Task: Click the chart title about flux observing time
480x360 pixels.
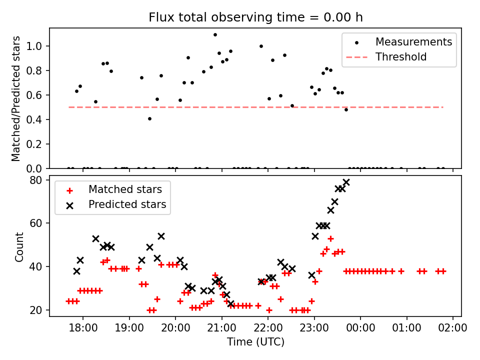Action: (x=255, y=17)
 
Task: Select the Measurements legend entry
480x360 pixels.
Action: (x=413, y=41)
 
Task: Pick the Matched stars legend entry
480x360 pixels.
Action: (x=125, y=189)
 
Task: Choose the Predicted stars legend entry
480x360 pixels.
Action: (x=127, y=204)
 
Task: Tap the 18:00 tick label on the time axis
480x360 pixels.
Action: (x=83, y=328)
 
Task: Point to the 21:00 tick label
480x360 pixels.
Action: (x=221, y=328)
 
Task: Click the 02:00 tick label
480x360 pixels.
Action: (x=453, y=328)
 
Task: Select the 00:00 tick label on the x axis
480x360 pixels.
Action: (x=360, y=328)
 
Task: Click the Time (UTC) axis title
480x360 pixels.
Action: (x=255, y=342)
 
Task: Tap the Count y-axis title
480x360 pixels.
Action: (x=19, y=247)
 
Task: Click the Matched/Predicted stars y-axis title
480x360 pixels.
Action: (x=16, y=98)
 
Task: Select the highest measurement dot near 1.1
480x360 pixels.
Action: (x=215, y=35)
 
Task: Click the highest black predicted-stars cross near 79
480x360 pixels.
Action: (x=346, y=182)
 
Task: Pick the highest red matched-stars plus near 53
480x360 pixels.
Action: (x=330, y=238)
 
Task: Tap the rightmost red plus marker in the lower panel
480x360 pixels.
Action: (x=442, y=271)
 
